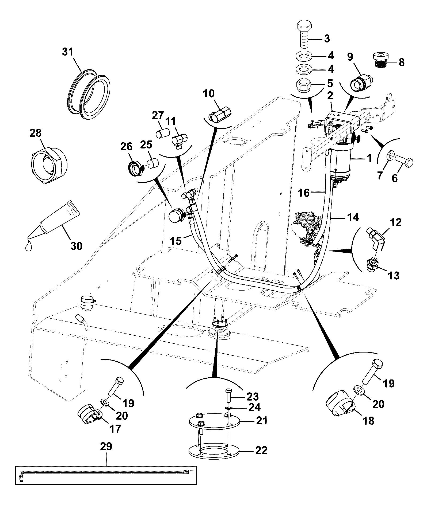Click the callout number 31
pos(67,52)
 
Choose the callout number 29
pos(106,446)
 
